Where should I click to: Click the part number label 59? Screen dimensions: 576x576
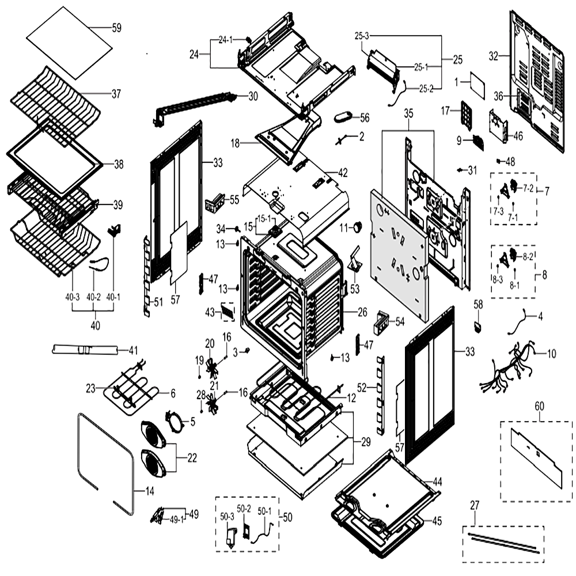tap(116, 28)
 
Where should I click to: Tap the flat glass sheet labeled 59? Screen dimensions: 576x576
tap(70, 43)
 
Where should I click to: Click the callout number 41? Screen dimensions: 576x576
tap(133, 350)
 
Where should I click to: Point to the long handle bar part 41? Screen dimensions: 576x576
tap(85, 350)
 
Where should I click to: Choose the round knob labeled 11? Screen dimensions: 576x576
tap(357, 228)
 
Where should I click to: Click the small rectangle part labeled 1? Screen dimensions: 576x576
tap(478, 86)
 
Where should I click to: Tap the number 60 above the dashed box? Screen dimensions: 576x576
tap(539, 406)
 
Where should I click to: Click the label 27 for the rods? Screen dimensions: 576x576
tap(475, 506)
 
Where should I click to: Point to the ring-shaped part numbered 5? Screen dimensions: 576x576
tap(175, 423)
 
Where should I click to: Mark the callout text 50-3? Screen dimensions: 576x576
tap(227, 517)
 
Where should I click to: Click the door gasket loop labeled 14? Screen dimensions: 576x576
tap(105, 464)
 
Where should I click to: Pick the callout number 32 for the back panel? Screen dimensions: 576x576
tap(494, 56)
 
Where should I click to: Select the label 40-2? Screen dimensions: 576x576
tap(93, 297)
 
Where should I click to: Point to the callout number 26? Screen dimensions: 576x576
tap(362, 312)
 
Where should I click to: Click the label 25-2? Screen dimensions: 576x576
tap(426, 89)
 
